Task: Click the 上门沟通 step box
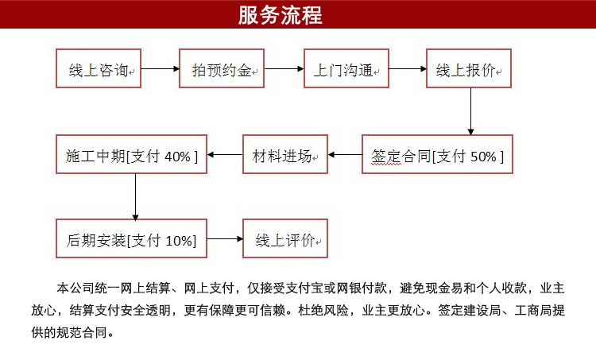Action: point(346,70)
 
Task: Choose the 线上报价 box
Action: point(470,70)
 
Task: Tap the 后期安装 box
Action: point(132,239)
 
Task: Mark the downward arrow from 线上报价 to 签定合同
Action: point(470,111)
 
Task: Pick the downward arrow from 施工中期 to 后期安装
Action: point(136,195)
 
